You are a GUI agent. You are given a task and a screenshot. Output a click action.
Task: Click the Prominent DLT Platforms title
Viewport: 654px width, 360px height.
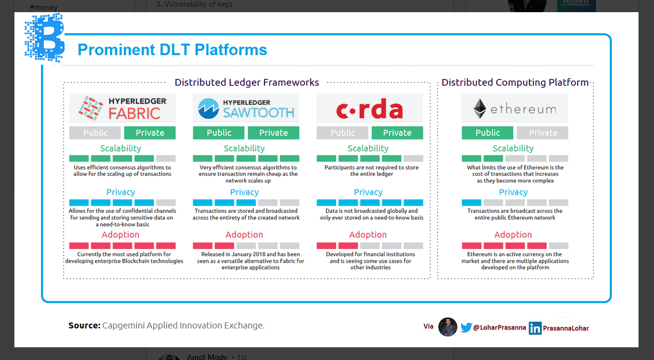click(x=172, y=50)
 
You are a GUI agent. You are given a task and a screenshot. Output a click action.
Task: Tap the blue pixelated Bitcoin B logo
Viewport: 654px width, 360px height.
click(x=45, y=37)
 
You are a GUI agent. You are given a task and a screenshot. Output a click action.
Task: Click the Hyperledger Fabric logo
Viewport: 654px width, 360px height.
click(x=122, y=108)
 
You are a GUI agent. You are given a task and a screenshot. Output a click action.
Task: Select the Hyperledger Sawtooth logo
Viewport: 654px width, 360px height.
click(x=246, y=108)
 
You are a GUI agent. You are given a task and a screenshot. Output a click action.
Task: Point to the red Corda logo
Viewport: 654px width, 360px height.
click(x=370, y=109)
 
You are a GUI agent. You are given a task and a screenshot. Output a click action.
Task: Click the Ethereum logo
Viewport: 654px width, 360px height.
click(x=515, y=109)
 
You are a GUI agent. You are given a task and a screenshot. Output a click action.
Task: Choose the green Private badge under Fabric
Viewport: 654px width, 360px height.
click(x=150, y=133)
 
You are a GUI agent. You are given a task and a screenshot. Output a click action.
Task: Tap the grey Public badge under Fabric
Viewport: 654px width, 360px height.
click(x=95, y=133)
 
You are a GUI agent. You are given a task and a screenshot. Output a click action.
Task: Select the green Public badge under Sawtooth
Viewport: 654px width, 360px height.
click(x=219, y=133)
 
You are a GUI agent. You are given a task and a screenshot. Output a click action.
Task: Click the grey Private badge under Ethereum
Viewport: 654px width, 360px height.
click(x=542, y=133)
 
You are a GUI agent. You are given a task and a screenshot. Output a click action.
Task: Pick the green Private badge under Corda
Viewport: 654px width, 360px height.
click(x=397, y=133)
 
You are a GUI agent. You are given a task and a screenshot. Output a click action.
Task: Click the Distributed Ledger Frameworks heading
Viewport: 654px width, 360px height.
click(x=247, y=82)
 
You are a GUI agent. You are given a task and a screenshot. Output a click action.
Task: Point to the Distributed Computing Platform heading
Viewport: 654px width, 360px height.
click(x=515, y=82)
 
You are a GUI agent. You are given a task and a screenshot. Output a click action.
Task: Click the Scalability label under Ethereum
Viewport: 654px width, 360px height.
click(x=513, y=148)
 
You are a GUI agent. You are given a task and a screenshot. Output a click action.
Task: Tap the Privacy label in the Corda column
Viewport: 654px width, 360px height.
click(x=368, y=192)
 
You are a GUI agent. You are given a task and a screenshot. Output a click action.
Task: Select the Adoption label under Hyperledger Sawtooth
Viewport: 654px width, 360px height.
click(x=244, y=235)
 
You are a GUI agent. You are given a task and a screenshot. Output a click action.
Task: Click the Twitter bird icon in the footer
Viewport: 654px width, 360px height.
click(x=466, y=327)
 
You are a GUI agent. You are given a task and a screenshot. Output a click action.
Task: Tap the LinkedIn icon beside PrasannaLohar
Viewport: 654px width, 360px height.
click(x=535, y=328)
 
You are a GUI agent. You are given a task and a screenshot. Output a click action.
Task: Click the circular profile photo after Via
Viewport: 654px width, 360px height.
click(x=448, y=327)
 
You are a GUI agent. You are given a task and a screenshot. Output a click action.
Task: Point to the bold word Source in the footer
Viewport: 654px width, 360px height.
click(x=84, y=326)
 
